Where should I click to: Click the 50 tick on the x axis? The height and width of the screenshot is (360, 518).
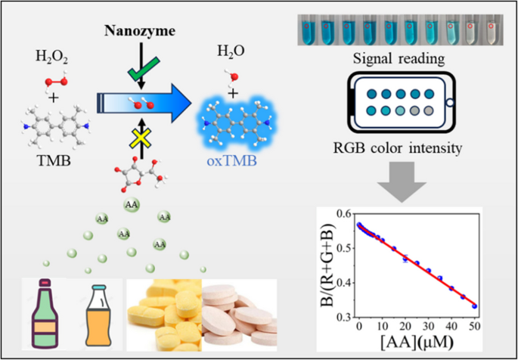[475, 327]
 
